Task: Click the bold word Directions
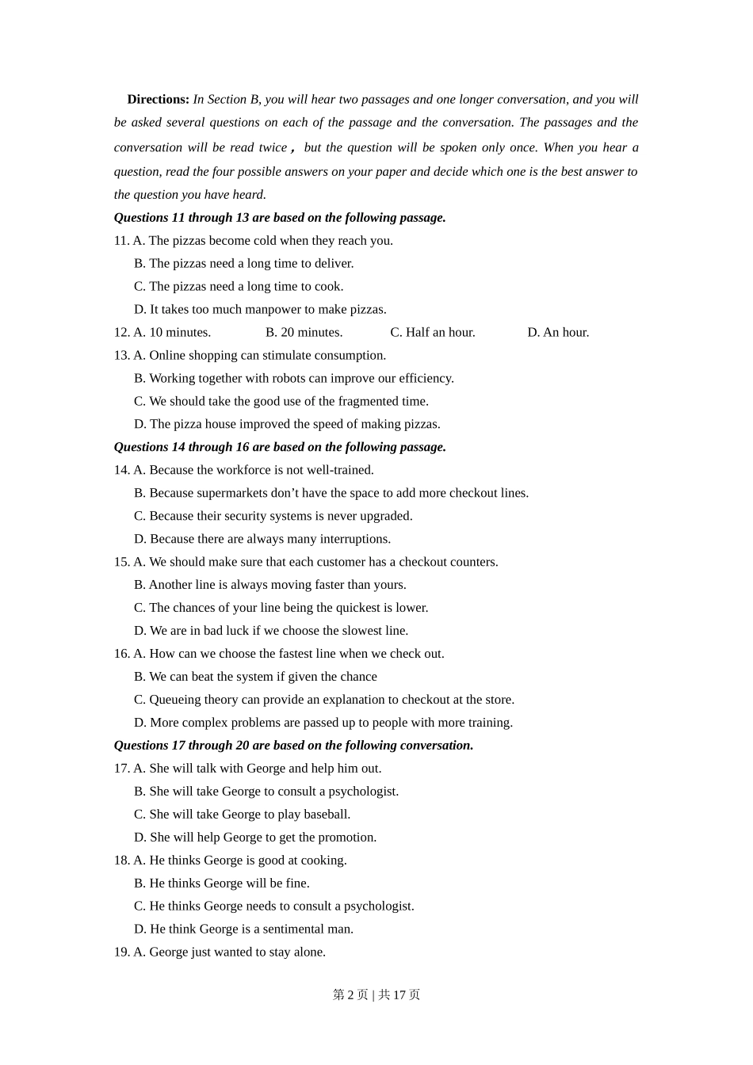click(158, 99)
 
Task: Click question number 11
click(121, 240)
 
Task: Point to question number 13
click(121, 355)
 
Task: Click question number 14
click(121, 470)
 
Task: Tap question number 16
click(121, 654)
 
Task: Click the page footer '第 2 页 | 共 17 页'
click(376, 994)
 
